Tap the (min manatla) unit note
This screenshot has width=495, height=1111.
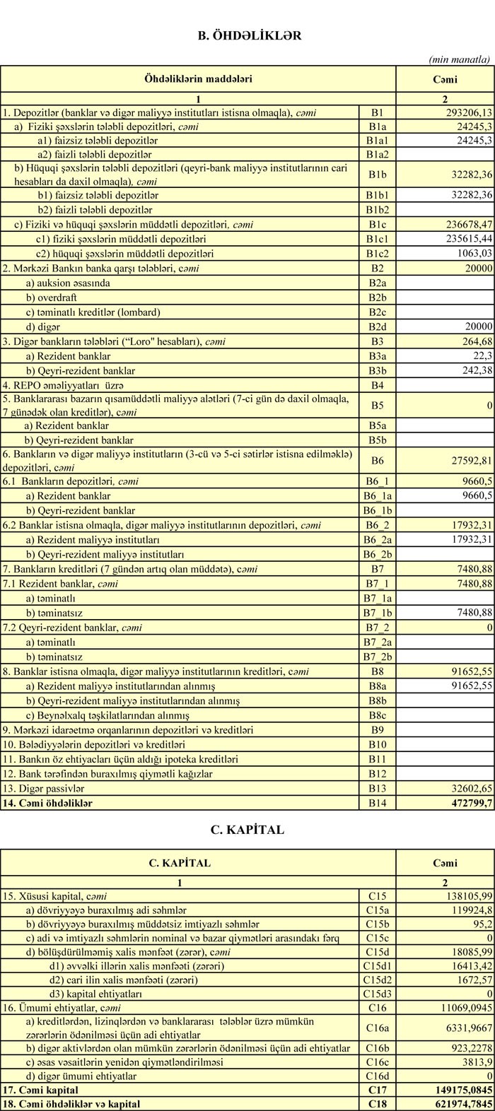point(460,60)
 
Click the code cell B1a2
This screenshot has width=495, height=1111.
point(377,153)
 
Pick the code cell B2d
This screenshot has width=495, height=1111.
point(377,327)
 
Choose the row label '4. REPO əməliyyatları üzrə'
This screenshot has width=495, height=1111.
point(54,385)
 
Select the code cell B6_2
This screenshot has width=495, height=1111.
point(377,526)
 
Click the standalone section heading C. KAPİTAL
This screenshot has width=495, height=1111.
point(248,830)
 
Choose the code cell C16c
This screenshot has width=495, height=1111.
point(377,1062)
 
